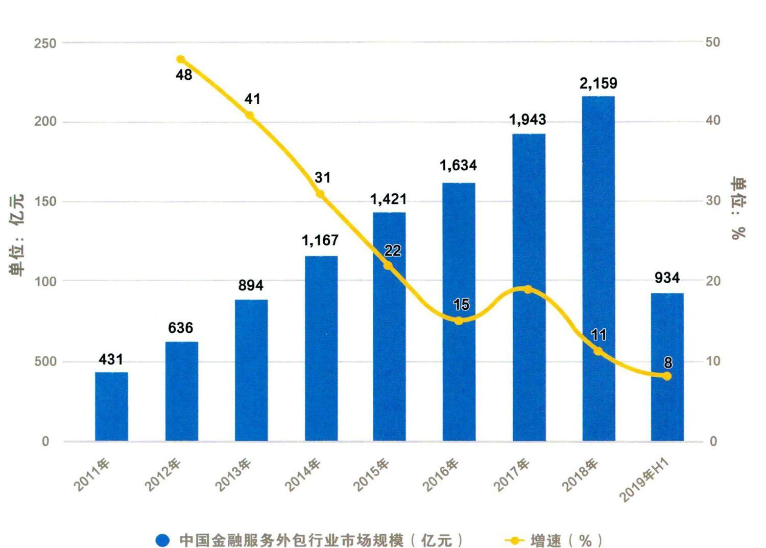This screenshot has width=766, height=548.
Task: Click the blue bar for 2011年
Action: pyautogui.click(x=111, y=406)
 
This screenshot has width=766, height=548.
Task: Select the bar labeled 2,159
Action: pyautogui.click(x=599, y=268)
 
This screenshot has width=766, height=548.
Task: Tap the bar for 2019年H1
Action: pyautogui.click(x=667, y=367)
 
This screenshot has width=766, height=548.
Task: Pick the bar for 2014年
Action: pyautogui.click(x=321, y=348)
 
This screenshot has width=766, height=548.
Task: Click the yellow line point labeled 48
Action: pyautogui.click(x=180, y=60)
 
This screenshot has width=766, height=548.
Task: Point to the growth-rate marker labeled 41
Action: pyautogui.click(x=250, y=116)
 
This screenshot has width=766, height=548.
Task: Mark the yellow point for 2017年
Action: pyautogui.click(x=528, y=290)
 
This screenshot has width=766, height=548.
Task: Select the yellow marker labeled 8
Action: pyautogui.click(x=667, y=376)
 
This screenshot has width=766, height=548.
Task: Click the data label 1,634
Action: pyautogui.click(x=458, y=165)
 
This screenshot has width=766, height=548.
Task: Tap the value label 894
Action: pyautogui.click(x=251, y=285)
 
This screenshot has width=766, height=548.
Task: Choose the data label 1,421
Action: pyautogui.click(x=389, y=199)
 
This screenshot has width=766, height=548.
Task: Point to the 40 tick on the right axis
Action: pyautogui.click(x=713, y=121)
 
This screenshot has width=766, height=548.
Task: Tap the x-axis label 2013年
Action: pyautogui.click(x=233, y=475)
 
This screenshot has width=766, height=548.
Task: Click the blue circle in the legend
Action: pyautogui.click(x=162, y=540)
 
